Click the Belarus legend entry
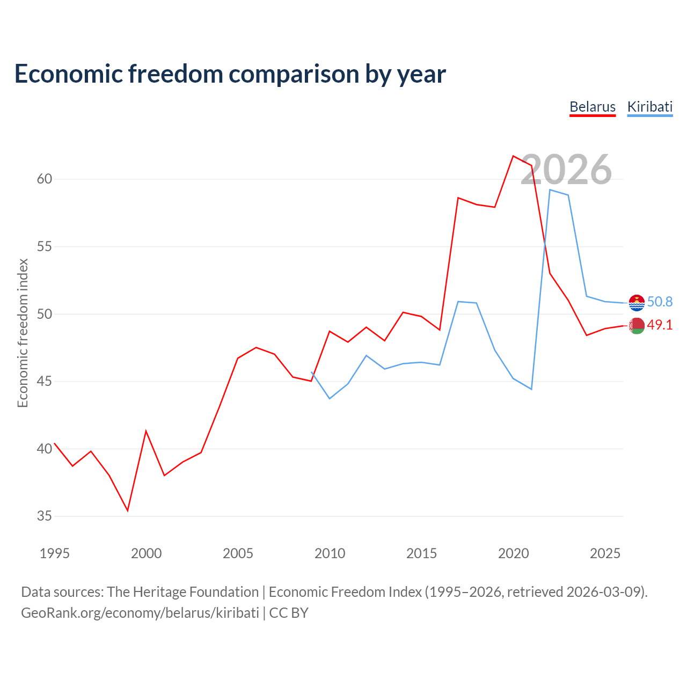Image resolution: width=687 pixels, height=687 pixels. coord(592,107)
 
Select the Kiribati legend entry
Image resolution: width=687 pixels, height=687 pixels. coord(649,107)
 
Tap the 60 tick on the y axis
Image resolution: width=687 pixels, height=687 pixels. coord(45,179)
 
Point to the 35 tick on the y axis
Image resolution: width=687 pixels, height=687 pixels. coord(45,516)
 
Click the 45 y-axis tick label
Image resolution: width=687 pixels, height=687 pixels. coord(45,382)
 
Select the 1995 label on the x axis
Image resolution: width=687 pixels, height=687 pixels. coord(55,553)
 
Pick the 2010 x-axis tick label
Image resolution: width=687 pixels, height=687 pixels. coord(330,553)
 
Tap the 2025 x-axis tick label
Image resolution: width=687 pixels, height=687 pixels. coord(605,553)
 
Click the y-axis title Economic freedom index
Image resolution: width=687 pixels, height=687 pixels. coord(23,333)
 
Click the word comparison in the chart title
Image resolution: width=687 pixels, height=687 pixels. coord(294,74)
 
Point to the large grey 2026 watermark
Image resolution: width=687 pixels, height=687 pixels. coord(566,170)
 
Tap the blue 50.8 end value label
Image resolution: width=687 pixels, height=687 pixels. coord(660,302)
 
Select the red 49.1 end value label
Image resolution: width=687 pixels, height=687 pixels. coord(660,325)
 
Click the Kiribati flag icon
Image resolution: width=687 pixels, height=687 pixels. coord(637,303)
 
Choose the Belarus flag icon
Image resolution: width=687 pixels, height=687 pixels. coord(637,326)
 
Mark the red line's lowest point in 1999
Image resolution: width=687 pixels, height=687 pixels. coord(128,510)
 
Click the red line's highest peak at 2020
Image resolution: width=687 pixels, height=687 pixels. coord(513,156)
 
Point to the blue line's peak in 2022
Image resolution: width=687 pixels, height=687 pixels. coord(550,189)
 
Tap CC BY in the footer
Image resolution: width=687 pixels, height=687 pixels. coord(289,613)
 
